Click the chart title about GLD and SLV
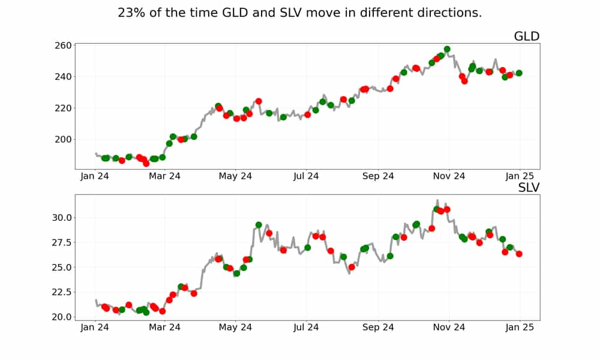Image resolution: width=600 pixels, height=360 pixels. click(x=299, y=13)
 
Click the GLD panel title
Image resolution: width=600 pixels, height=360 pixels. click(x=526, y=37)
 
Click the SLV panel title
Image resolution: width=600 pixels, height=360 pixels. click(x=529, y=188)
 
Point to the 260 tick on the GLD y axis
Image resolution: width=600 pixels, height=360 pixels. click(x=64, y=46)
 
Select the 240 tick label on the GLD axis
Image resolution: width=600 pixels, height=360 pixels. click(x=64, y=77)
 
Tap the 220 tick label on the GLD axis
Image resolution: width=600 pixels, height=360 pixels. click(x=64, y=108)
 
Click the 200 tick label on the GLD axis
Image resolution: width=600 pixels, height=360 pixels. click(x=64, y=139)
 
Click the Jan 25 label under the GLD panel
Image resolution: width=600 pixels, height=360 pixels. click(x=520, y=176)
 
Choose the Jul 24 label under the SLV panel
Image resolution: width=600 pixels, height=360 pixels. click(x=307, y=327)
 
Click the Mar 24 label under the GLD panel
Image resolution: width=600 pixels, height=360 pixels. click(x=165, y=176)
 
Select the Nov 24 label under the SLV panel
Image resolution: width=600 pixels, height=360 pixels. click(x=449, y=327)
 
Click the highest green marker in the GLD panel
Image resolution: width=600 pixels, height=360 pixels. click(x=447, y=49)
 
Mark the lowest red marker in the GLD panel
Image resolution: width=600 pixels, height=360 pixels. click(x=146, y=163)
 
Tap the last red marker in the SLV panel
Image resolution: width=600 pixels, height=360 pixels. click(x=519, y=254)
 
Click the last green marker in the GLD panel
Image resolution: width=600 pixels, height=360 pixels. click(x=519, y=73)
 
